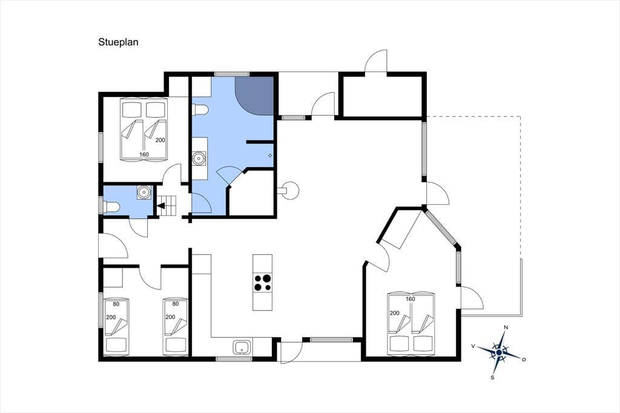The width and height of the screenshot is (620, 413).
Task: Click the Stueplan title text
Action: (x=118, y=42)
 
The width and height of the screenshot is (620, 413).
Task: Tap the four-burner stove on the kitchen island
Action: (x=263, y=282)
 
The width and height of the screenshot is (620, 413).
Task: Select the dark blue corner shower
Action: (x=254, y=96)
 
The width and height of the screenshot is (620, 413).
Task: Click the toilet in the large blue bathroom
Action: (x=200, y=110)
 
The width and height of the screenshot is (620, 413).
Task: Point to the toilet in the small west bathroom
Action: (x=111, y=207)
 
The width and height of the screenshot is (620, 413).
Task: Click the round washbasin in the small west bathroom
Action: (x=144, y=192)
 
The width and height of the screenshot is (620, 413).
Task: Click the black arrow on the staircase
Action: (x=161, y=206)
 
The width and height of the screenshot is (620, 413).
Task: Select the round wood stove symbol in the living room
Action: (x=291, y=190)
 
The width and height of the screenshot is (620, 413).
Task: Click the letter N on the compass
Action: (x=506, y=328)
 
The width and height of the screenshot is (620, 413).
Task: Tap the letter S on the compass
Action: (x=492, y=377)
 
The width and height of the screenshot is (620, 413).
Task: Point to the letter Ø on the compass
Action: (x=524, y=359)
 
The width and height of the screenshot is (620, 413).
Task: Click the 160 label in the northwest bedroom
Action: (x=144, y=154)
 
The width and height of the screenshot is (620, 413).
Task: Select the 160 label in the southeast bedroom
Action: (x=411, y=299)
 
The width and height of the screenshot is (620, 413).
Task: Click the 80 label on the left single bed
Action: (x=116, y=304)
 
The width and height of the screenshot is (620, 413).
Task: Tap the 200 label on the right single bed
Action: (x=170, y=317)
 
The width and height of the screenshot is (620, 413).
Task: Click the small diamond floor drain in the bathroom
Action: (x=270, y=156)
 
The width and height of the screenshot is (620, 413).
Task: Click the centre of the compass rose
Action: (x=499, y=352)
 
